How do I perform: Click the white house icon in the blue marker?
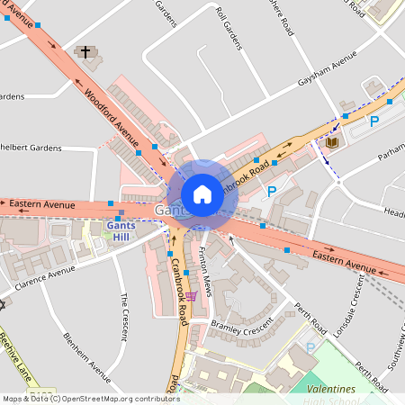(202, 194)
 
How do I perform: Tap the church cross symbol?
(85, 52)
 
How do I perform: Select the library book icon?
(332, 142)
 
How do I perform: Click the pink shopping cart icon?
(191, 295)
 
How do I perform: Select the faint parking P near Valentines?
(310, 347)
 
